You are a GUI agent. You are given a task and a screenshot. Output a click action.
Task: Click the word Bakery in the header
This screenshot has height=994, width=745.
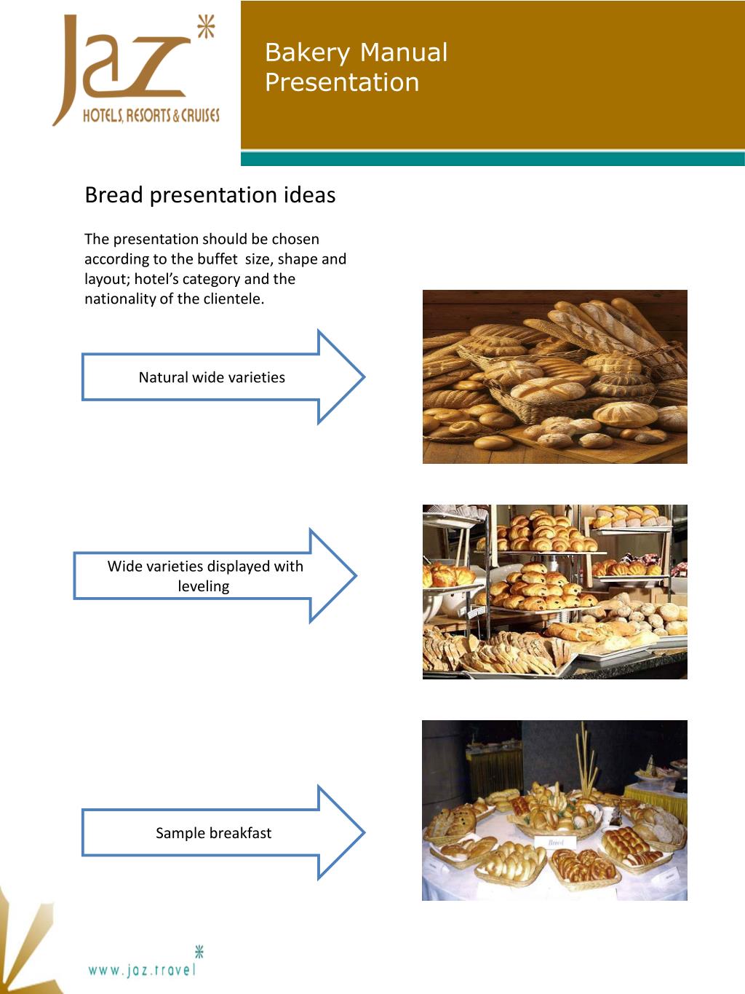(307, 52)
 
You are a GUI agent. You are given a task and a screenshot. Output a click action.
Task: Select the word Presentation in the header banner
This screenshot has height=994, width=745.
(342, 82)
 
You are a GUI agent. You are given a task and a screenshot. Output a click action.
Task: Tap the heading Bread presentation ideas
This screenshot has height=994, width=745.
(210, 195)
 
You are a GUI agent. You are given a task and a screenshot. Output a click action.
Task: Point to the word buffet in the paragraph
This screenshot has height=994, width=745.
(217, 259)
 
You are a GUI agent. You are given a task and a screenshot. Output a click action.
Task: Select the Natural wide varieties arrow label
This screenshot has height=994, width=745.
(212, 377)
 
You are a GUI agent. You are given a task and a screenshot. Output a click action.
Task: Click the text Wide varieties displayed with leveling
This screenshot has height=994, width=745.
(204, 576)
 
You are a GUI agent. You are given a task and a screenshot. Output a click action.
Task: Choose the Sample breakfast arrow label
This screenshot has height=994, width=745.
(213, 833)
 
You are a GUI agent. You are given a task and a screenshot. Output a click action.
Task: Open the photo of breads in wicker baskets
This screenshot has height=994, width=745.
(554, 376)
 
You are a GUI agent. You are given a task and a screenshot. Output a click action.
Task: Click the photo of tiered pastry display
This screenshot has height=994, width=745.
(554, 591)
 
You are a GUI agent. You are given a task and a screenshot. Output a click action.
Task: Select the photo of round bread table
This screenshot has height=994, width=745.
(554, 810)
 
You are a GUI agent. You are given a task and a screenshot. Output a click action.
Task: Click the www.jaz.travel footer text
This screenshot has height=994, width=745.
(142, 970)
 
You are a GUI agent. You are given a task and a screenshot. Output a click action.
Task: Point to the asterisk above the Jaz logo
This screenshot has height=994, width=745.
(207, 28)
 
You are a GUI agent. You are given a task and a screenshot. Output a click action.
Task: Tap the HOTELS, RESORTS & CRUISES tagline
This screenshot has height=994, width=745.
(151, 115)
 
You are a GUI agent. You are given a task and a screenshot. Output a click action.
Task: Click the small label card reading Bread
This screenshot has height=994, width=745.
(556, 842)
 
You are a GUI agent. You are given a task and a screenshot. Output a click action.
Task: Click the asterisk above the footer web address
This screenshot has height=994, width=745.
(199, 951)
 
